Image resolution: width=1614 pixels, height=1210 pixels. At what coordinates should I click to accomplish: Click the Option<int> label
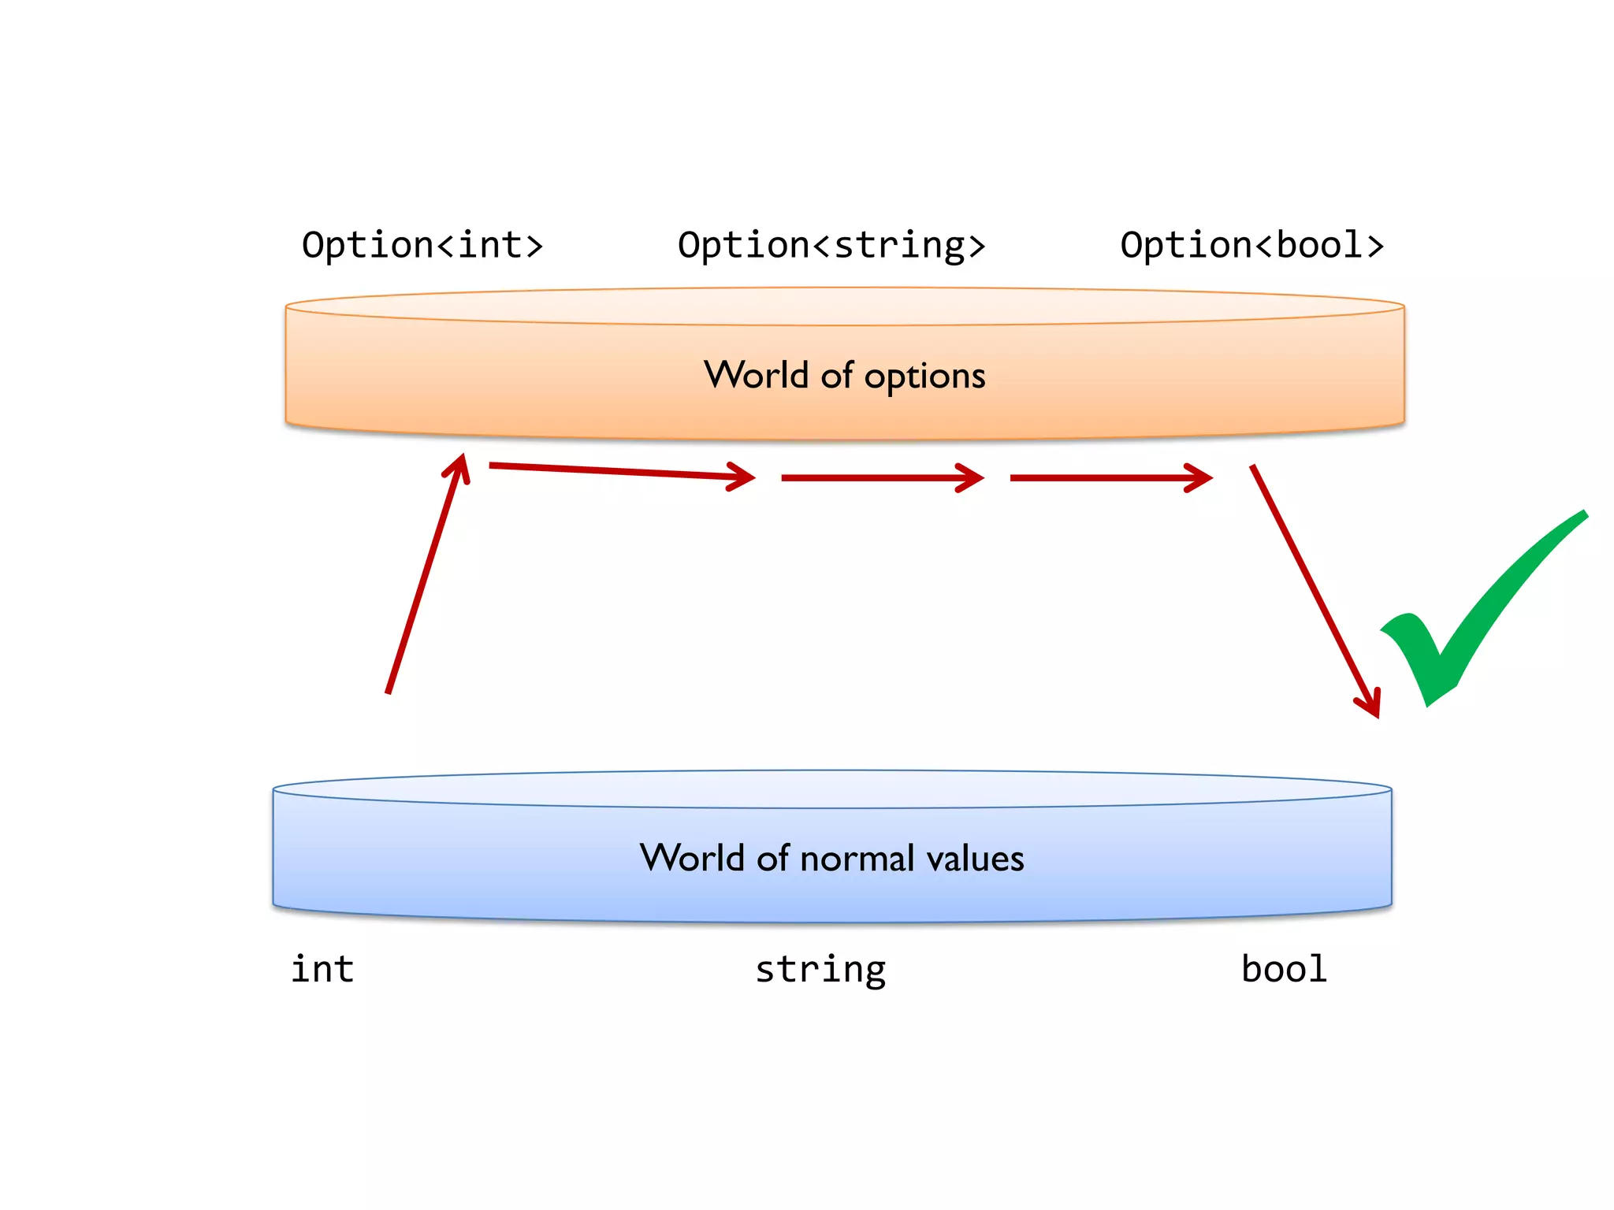[422, 245]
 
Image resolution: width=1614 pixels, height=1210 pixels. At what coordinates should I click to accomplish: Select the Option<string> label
[831, 245]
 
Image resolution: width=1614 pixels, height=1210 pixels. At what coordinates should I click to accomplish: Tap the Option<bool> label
[1251, 245]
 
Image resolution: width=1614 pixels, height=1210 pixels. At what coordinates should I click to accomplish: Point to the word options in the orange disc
[924, 377]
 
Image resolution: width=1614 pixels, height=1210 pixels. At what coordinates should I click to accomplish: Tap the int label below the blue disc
[322, 968]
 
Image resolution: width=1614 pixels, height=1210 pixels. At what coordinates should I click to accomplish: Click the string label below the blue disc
[820, 970]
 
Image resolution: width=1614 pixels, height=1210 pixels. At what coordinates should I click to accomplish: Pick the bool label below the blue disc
[1284, 968]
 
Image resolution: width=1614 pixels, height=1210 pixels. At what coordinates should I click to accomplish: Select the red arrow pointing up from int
[426, 575]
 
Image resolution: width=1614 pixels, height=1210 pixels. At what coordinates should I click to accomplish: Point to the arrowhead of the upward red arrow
[461, 465]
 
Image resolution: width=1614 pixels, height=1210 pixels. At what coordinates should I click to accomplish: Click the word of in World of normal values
[772, 858]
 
